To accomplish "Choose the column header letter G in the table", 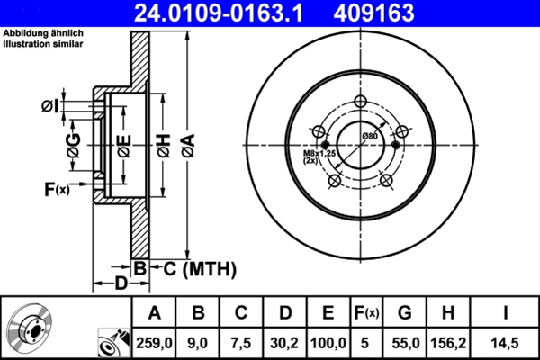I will [x=405, y=313].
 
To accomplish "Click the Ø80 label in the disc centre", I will [x=368, y=135].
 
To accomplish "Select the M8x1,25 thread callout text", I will [x=316, y=154].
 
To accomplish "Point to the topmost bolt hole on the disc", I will [x=362, y=102].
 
